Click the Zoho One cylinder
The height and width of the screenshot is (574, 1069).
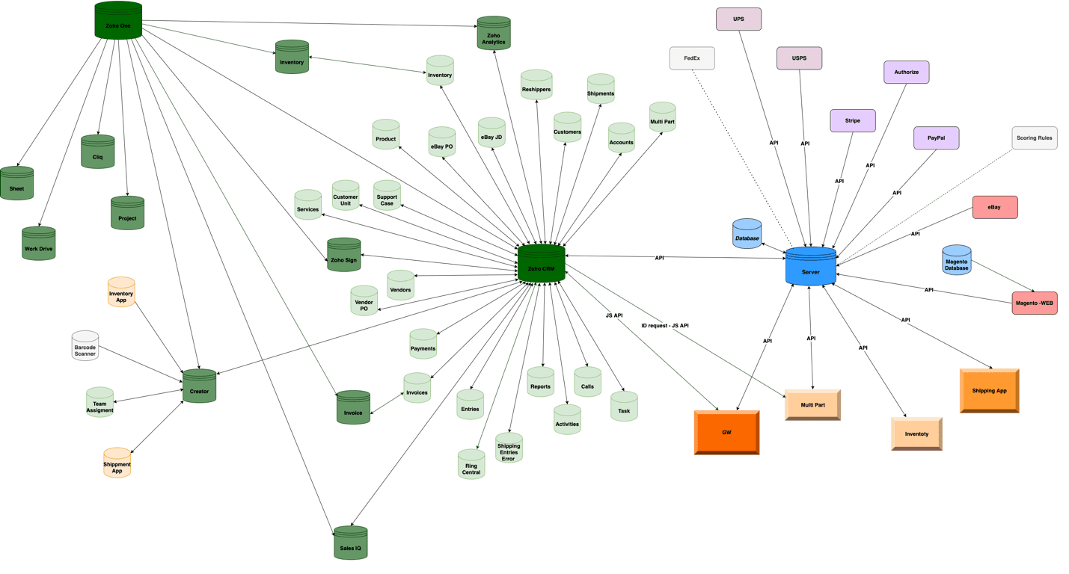click(118, 21)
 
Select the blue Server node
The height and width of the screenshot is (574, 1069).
click(811, 267)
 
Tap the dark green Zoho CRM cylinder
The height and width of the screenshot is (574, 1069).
click(541, 264)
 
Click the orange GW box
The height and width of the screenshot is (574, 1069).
click(726, 433)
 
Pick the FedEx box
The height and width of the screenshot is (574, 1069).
click(692, 58)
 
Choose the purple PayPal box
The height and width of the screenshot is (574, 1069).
click(936, 138)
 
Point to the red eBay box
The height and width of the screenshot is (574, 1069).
click(995, 207)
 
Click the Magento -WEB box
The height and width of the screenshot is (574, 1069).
click(1035, 303)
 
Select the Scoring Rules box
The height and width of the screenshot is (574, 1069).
click(1035, 138)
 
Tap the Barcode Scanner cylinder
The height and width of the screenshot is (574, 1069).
click(85, 346)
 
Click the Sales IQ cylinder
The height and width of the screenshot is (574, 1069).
click(351, 543)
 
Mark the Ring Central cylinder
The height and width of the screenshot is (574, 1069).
click(471, 465)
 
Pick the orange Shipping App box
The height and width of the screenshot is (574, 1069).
click(989, 391)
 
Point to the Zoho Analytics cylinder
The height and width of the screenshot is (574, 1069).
click(494, 34)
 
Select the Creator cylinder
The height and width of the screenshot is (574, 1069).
click(200, 387)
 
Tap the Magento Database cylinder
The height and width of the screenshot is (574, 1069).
click(957, 261)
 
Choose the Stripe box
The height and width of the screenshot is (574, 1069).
click(853, 120)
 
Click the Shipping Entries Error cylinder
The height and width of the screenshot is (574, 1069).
click(509, 448)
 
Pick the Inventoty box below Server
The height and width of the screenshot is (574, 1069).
click(916, 434)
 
